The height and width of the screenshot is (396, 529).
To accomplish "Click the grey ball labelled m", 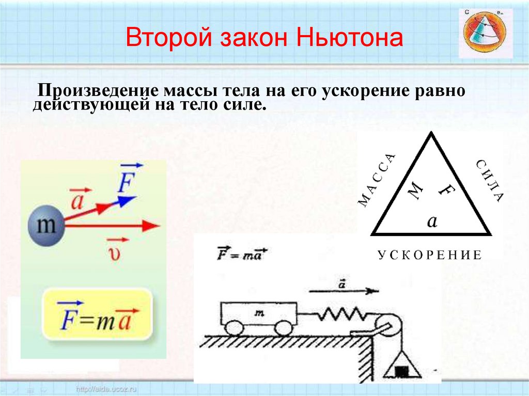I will point(46,225).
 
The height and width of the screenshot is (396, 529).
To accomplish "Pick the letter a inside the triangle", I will point(432,221).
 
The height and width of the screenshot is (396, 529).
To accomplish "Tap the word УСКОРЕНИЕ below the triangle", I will point(430,255).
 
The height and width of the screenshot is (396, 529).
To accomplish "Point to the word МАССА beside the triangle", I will point(378,180).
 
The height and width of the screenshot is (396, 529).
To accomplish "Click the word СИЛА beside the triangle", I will point(488,181).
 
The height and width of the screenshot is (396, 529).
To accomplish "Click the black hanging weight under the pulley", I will point(401,371).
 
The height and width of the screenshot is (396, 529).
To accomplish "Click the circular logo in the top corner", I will point(485,33).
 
